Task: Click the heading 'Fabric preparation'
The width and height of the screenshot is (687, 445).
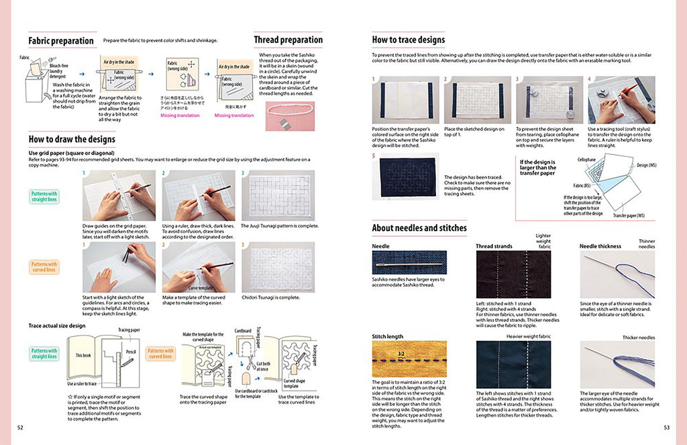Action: point(61,40)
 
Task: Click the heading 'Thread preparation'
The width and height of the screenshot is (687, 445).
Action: point(288,40)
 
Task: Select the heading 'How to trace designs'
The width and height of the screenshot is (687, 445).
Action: point(408,40)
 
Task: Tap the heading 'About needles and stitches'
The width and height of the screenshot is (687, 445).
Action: point(419,228)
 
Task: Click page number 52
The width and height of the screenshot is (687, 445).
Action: point(20,427)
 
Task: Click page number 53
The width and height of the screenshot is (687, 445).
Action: point(666,427)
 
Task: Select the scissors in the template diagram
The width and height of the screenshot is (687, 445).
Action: point(243,358)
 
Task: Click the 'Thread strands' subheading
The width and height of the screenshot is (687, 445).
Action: point(494,246)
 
